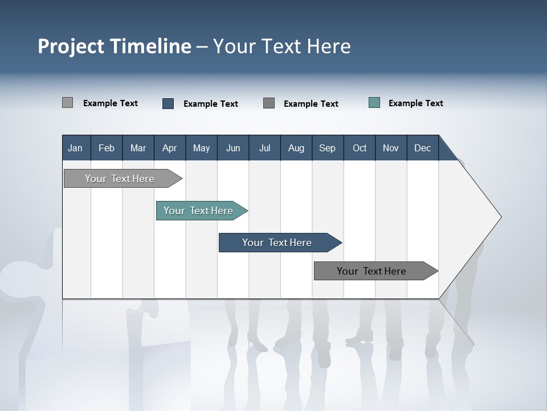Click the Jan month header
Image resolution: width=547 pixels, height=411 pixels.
[75, 148]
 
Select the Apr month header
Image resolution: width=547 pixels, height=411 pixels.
[169, 148]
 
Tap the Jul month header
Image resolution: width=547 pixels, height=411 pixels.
[264, 148]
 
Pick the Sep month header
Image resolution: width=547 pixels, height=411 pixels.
[327, 148]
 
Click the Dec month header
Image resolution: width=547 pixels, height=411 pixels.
[422, 148]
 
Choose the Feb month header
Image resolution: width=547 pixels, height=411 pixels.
[107, 148]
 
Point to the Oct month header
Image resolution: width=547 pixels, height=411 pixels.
[360, 148]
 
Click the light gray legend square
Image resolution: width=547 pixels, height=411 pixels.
[67, 103]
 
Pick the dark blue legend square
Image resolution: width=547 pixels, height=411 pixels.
[168, 103]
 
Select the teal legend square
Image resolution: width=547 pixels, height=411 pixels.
[374, 103]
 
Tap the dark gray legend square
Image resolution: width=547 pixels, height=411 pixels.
[269, 103]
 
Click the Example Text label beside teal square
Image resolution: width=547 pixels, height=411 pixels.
[415, 103]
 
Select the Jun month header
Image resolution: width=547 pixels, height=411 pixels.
[232, 148]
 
